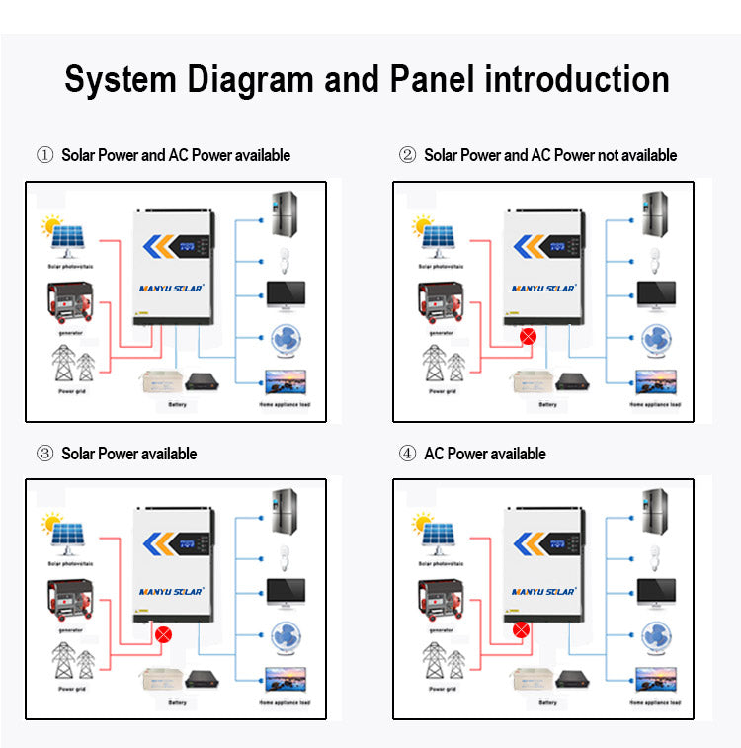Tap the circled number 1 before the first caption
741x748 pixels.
[x=44, y=155]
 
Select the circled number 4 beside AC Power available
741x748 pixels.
[x=407, y=454]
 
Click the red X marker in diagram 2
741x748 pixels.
[x=528, y=336]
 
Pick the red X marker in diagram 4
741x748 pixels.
[x=521, y=628]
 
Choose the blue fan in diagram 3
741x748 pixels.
[x=286, y=635]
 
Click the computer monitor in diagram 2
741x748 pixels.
[x=655, y=294]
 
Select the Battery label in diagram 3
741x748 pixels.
[x=177, y=703]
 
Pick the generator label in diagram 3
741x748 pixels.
[x=68, y=629]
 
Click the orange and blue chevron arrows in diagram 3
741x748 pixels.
[x=163, y=543]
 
